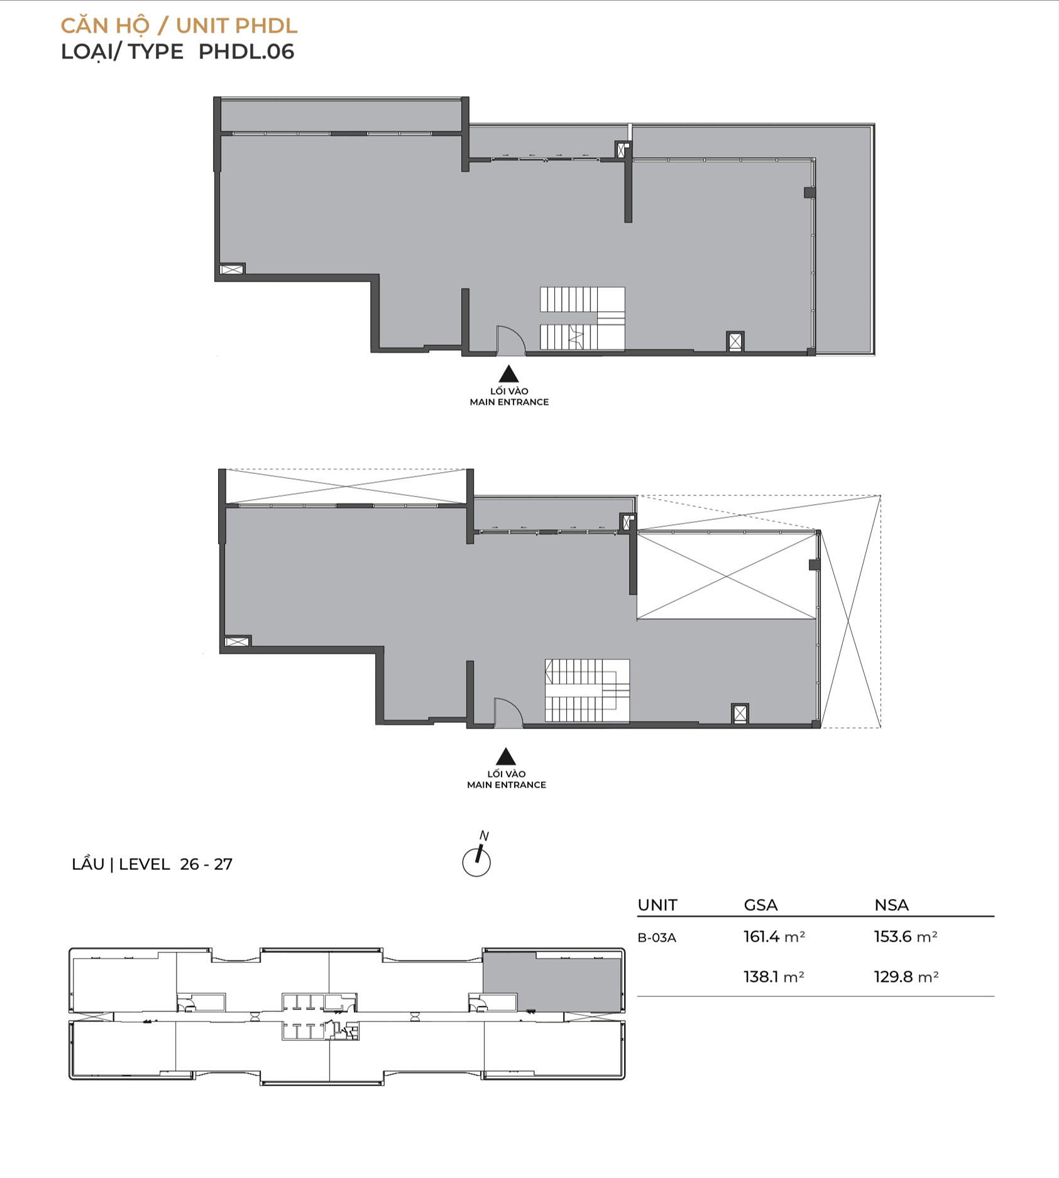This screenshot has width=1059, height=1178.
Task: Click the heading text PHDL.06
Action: tap(246, 52)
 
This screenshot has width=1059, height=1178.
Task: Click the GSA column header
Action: tap(760, 905)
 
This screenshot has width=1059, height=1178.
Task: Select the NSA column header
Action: tap(891, 905)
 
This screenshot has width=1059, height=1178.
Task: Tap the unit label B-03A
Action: tap(657, 938)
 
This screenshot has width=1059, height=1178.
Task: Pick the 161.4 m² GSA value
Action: tap(774, 937)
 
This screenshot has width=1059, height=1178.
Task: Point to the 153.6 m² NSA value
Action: tap(906, 937)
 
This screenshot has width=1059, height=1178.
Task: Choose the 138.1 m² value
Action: tap(774, 977)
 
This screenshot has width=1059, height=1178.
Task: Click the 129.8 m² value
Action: tap(906, 977)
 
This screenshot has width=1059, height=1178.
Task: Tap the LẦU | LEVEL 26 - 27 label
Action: tap(152, 864)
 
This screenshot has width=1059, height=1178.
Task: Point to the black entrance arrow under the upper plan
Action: tap(509, 375)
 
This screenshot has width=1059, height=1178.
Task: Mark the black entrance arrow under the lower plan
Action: tap(506, 756)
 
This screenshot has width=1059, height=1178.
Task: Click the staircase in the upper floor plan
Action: tap(583, 319)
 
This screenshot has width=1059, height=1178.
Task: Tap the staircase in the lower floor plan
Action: tap(587, 691)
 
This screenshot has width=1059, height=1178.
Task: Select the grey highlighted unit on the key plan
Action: tap(552, 982)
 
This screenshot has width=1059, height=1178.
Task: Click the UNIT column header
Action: tap(657, 905)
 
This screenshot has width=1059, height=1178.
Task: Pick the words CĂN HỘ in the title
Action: tap(105, 26)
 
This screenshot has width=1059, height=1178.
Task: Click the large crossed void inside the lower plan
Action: tap(727, 576)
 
